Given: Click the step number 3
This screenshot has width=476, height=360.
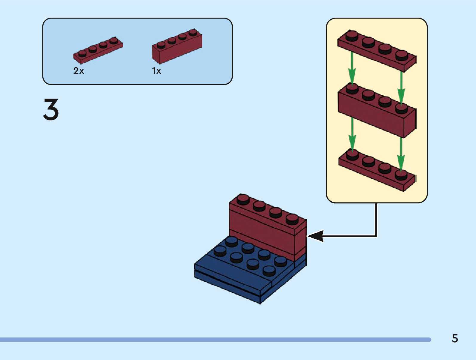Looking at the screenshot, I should [x=51, y=110].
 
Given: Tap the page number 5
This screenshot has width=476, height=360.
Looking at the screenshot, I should [x=454, y=338].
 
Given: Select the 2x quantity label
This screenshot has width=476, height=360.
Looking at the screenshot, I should [x=79, y=71].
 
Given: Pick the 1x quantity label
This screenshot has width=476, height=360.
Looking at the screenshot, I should [x=156, y=71].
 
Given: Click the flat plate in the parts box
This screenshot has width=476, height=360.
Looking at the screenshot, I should [x=98, y=51].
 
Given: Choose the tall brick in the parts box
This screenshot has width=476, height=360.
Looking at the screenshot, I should [x=177, y=48].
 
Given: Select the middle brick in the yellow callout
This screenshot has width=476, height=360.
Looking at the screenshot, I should [x=377, y=112].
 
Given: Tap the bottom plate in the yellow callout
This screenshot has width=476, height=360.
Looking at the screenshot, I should [x=377, y=170].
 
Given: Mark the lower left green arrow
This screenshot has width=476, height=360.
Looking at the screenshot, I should [x=352, y=134].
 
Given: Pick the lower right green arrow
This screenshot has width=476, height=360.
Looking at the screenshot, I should [x=401, y=154].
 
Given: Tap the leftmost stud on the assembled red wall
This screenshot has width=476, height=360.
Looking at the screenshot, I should [x=243, y=199].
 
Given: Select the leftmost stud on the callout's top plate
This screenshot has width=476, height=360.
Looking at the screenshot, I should [x=352, y=35].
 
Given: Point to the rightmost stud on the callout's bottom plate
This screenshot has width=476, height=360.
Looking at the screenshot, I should [x=401, y=174].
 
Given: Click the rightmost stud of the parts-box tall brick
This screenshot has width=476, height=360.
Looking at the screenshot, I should [x=193, y=32].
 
